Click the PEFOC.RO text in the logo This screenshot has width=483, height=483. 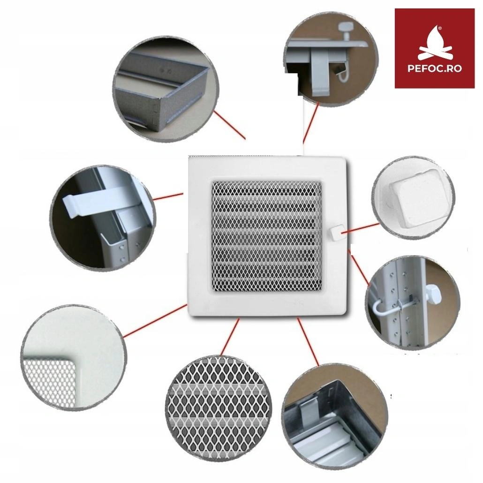point(435,68)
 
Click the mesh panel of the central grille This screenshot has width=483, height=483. point(266,236)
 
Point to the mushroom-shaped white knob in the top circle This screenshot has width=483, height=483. point(347,30)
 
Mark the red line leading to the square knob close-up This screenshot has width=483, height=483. point(361,228)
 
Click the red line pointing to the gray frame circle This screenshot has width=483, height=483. point(230,125)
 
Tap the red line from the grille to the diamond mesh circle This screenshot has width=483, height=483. point(230,337)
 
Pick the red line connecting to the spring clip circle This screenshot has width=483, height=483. point(168,196)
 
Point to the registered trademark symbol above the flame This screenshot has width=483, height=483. point(440,27)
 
